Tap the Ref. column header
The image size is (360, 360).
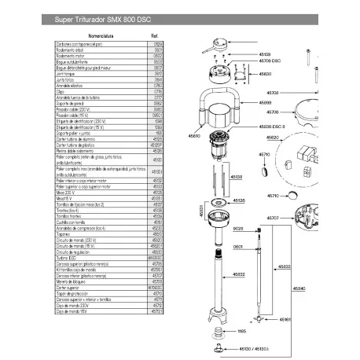coord(154,35)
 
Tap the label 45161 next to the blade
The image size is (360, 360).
coord(285,319)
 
